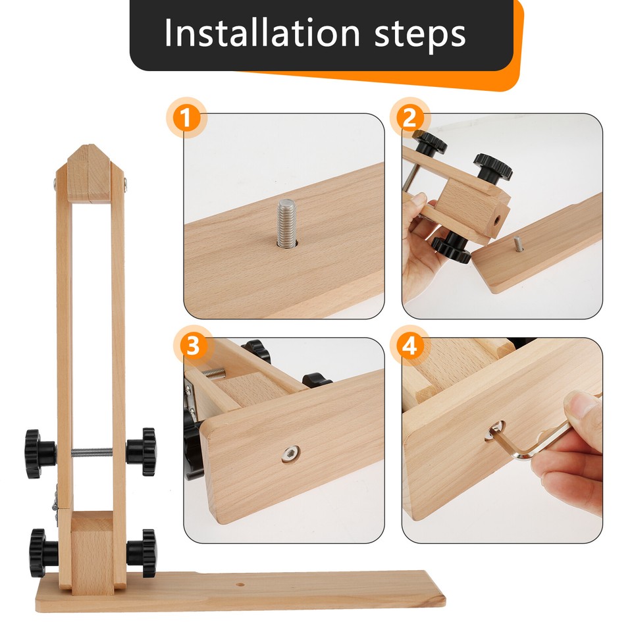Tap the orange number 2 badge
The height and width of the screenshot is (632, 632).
(409, 119)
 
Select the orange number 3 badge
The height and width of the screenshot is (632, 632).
(192, 346)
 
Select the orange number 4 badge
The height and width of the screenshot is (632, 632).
(409, 346)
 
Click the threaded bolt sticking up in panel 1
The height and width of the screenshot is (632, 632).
(286, 224)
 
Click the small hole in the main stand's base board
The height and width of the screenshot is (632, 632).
(241, 583)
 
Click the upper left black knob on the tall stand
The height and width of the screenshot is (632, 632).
(39, 453)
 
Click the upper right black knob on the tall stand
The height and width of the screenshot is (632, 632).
(141, 452)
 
